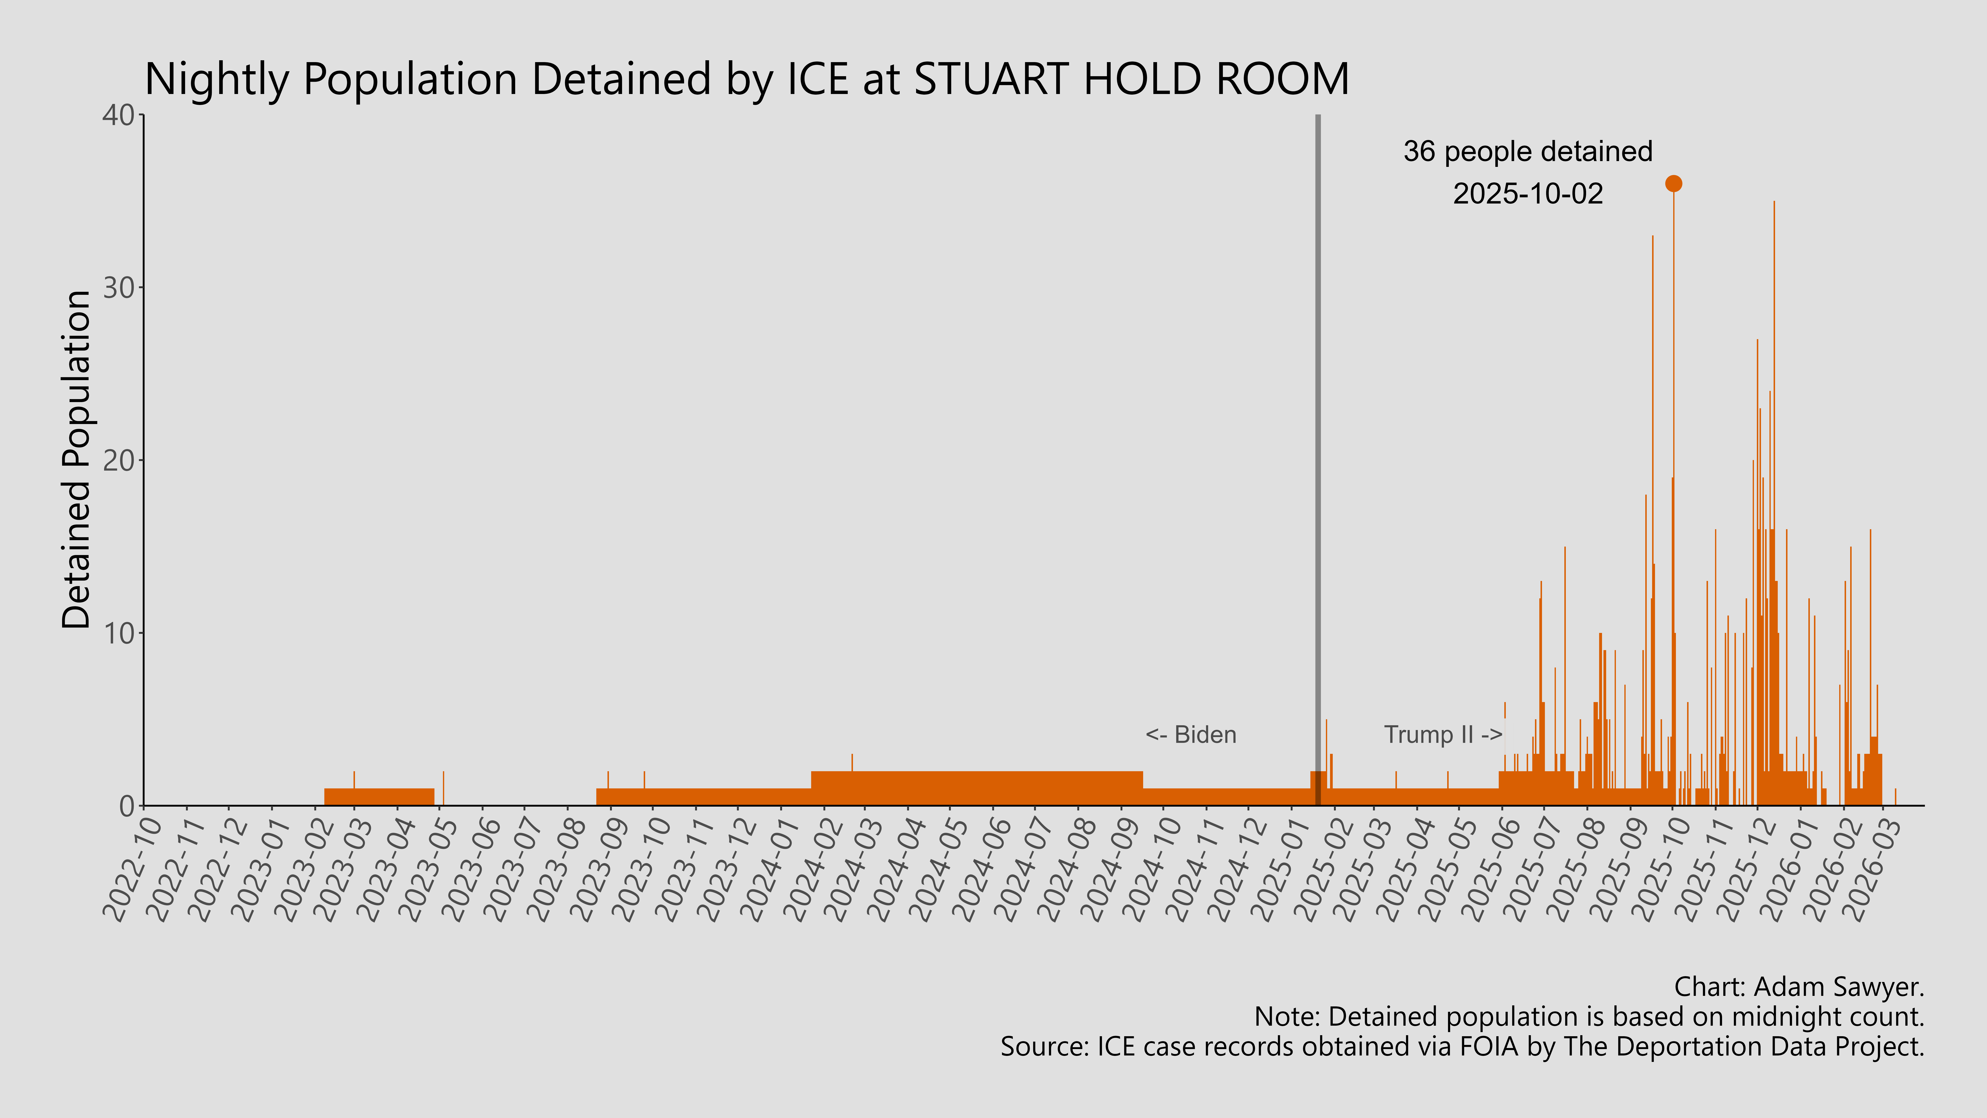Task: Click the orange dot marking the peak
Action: click(1673, 184)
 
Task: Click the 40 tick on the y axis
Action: click(119, 116)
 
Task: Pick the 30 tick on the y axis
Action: click(119, 288)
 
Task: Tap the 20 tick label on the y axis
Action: click(119, 461)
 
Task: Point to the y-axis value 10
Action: click(119, 634)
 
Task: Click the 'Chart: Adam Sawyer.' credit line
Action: click(1799, 987)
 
